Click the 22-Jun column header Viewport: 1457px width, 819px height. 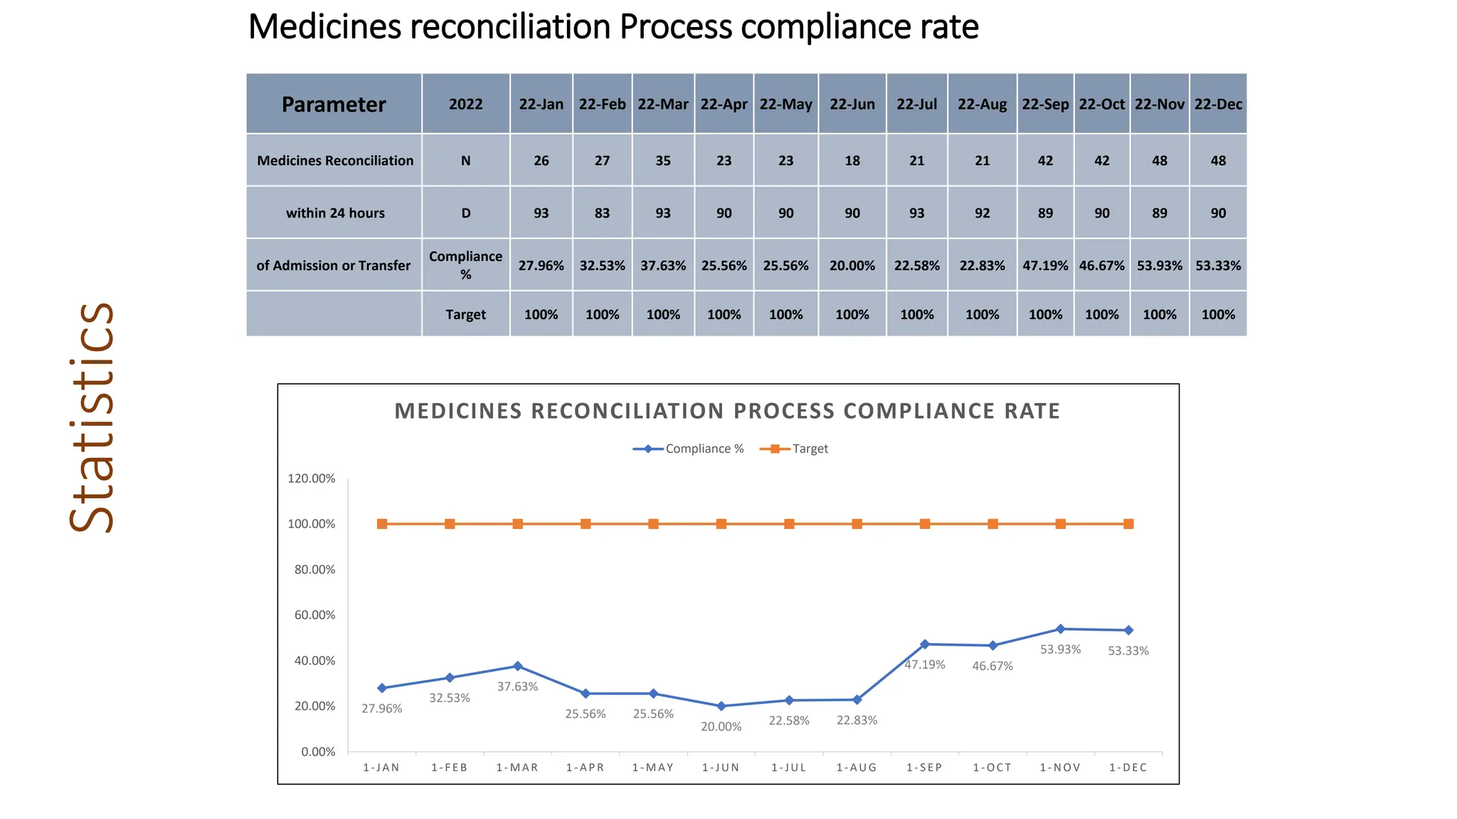tap(852, 104)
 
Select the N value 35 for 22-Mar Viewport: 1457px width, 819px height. tap(662, 161)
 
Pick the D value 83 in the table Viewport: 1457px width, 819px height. tap(602, 213)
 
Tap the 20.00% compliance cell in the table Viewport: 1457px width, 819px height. tap(852, 265)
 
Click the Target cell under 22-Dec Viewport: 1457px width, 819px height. tap(1217, 314)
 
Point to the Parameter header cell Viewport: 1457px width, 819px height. tap(333, 105)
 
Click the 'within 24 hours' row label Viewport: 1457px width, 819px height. tap(334, 213)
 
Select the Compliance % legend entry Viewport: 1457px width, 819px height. tap(689, 449)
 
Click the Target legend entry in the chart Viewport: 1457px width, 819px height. tap(795, 449)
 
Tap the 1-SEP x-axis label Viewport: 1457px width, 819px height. tap(924, 768)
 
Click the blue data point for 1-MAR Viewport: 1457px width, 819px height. tap(517, 666)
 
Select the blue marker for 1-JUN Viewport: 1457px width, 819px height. tap(721, 706)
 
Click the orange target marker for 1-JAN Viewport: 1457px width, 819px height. tap(382, 524)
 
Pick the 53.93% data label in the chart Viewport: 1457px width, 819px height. tap(1060, 649)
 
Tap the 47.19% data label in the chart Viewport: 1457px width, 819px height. tap(924, 665)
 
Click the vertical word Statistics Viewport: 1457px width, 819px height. tap(92, 418)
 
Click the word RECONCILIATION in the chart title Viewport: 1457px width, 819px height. tap(628, 411)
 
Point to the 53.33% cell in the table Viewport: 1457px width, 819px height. tap(1217, 265)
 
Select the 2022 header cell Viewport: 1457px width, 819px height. tap(465, 104)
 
